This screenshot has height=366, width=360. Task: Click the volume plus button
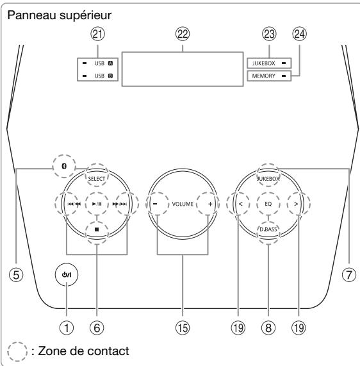pos(208,203)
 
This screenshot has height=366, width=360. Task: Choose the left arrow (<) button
pos(239,203)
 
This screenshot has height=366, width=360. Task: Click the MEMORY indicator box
pos(267,77)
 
